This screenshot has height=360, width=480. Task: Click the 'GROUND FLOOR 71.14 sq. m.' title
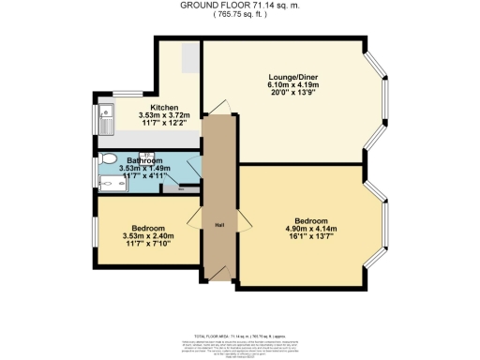pos(240,5)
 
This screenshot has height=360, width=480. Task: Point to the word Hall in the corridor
pos(219,224)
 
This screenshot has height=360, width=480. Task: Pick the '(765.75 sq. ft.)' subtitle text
pos(240,14)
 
